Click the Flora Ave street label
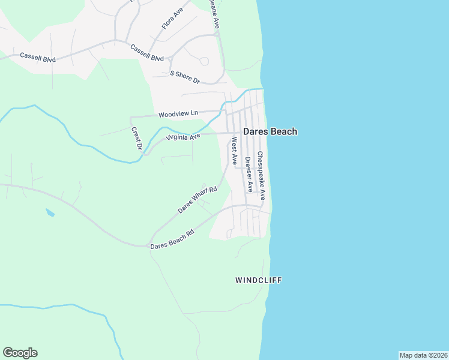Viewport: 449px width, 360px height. (x=172, y=19)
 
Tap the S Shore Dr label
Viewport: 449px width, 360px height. (x=185, y=77)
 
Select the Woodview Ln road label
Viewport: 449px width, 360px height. (x=178, y=113)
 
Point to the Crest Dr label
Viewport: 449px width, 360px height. (x=136, y=139)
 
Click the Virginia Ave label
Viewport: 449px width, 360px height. (x=183, y=137)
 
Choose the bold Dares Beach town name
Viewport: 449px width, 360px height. (x=270, y=131)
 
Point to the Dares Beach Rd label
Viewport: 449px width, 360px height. (x=172, y=239)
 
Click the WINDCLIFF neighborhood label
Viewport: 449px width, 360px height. (x=258, y=280)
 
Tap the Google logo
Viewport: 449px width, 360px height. (x=20, y=353)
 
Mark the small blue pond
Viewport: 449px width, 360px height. (x=50, y=212)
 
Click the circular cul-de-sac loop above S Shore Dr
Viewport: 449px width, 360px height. (x=204, y=61)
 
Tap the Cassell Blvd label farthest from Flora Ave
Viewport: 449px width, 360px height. (x=38, y=56)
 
